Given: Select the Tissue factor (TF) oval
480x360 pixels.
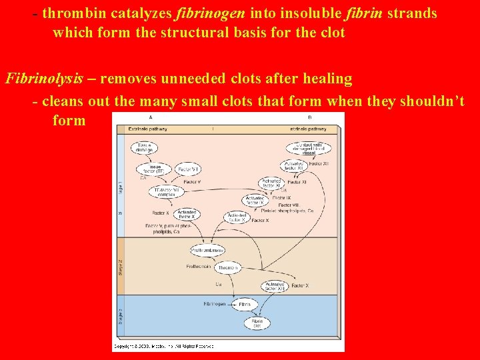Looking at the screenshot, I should coord(154,169).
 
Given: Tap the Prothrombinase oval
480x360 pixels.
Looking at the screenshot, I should coord(207,251).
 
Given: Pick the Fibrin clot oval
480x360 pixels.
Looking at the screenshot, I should coord(257,323).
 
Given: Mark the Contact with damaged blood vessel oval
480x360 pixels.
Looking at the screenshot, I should coord(309,147).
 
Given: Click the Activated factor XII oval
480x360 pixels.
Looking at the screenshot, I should coord(294,165).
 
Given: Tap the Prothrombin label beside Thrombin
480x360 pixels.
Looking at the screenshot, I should coord(199,267).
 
